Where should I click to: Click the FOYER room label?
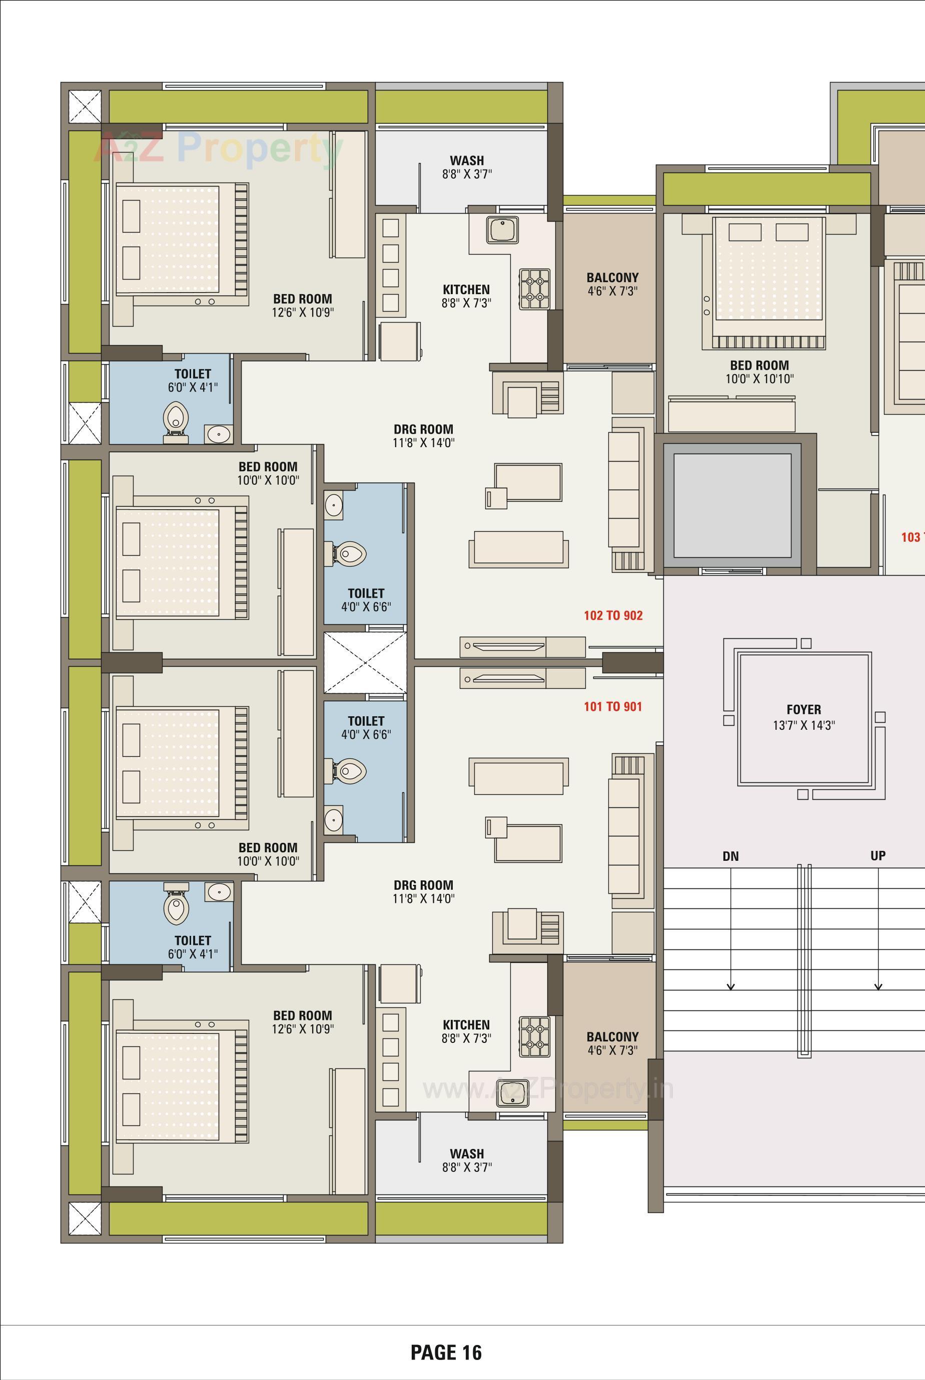click(x=803, y=709)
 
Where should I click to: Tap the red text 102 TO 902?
click(x=613, y=616)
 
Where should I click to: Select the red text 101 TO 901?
click(x=613, y=707)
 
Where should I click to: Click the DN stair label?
click(x=730, y=856)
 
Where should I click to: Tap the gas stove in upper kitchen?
click(x=534, y=289)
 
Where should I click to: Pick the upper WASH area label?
click(x=467, y=161)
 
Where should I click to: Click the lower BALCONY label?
click(x=612, y=1036)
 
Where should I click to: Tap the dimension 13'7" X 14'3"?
click(x=803, y=725)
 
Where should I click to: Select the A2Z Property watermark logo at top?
click(x=218, y=148)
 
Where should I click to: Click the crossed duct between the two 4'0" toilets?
click(x=365, y=663)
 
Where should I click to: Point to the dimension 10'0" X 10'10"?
click(x=759, y=379)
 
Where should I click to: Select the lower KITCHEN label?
click(x=466, y=1024)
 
